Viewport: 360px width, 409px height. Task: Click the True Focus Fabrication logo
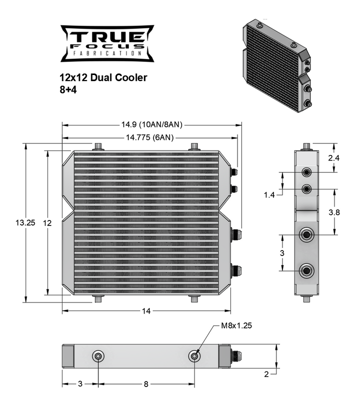coord(107,43)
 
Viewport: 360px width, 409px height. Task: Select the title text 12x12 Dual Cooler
coord(103,77)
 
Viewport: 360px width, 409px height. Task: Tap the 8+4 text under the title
coord(68,90)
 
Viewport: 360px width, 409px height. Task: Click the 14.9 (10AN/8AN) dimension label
coord(151,124)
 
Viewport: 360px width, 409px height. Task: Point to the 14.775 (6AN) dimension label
coord(149,137)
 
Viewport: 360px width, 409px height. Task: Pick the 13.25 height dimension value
coord(25,223)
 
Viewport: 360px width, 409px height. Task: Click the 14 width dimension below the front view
coord(146,311)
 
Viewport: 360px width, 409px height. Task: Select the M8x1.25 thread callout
coord(236,325)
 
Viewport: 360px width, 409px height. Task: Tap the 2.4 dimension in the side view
coord(334,158)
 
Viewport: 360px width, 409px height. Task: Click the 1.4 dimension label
coord(269,195)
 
